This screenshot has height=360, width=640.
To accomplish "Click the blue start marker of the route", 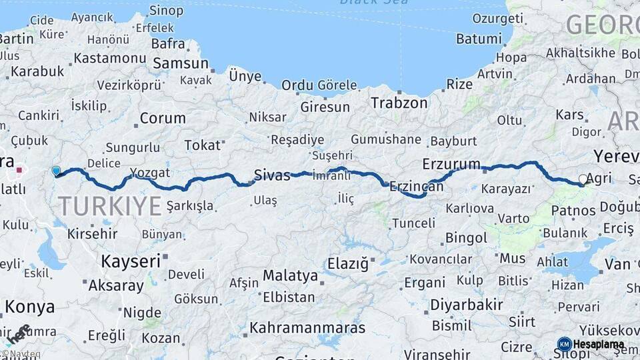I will coord(56,171).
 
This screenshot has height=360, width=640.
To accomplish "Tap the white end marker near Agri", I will coord(583,179).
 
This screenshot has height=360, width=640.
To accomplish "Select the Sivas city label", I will coord(272,176).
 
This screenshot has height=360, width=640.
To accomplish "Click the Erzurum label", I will coord(451,164).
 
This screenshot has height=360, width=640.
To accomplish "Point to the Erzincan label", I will coord(417,187).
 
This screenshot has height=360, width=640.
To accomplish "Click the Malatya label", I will coord(290,275).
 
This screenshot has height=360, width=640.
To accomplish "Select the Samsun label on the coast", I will coord(181,64).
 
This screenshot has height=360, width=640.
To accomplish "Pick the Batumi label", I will coord(480,38).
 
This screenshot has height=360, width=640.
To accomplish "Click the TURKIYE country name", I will coord(109,205).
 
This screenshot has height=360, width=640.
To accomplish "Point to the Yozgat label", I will coord(150,173).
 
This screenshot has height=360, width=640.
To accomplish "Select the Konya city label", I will coord(30,307).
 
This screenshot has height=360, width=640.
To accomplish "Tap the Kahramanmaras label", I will coord(307,328).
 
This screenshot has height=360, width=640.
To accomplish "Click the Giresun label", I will coord(325,107).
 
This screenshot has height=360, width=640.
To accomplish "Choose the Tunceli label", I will coord(413,223).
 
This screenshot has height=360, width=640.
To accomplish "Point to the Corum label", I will coord(163,119).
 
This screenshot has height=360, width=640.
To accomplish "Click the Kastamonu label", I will coord(109,58).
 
